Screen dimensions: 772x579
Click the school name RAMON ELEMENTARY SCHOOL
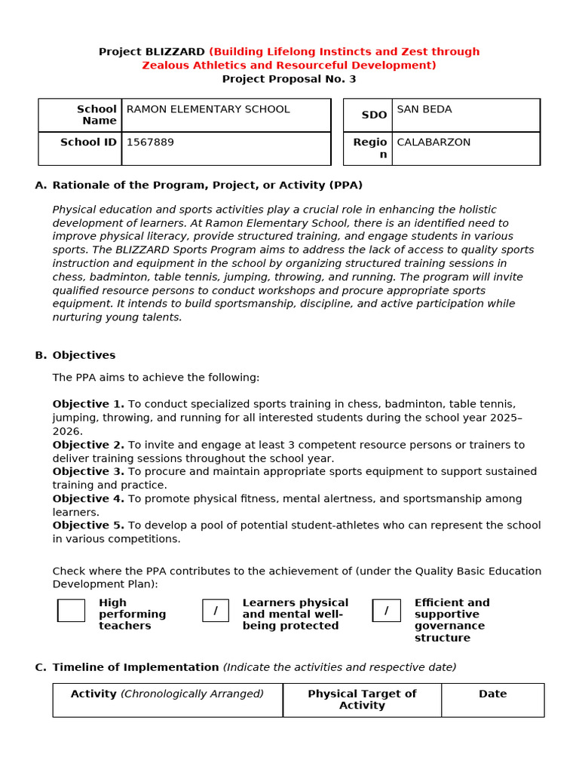click(208, 109)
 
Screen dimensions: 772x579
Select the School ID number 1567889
click(150, 142)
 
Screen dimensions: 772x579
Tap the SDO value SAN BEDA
click(424, 109)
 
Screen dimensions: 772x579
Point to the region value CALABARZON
click(433, 142)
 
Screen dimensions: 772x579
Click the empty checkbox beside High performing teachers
click(72, 611)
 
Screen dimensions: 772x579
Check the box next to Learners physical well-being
click(216, 611)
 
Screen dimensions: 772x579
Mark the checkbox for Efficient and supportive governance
click(387, 611)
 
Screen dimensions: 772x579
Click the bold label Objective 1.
click(88, 404)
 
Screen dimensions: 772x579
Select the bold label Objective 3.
click(88, 471)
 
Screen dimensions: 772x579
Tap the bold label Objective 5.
click(88, 525)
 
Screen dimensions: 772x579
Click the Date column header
click(492, 694)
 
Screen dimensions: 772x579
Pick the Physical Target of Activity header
click(362, 700)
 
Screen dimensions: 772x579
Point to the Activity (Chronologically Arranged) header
click(167, 694)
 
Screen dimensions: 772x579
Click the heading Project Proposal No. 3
click(289, 79)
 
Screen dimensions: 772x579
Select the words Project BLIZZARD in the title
click(152, 52)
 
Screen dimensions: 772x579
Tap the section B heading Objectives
click(84, 355)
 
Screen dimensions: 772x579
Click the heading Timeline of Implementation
click(136, 667)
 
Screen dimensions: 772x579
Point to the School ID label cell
click(88, 142)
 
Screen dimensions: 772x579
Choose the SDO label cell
click(374, 115)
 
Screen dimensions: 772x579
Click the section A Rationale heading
click(207, 185)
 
